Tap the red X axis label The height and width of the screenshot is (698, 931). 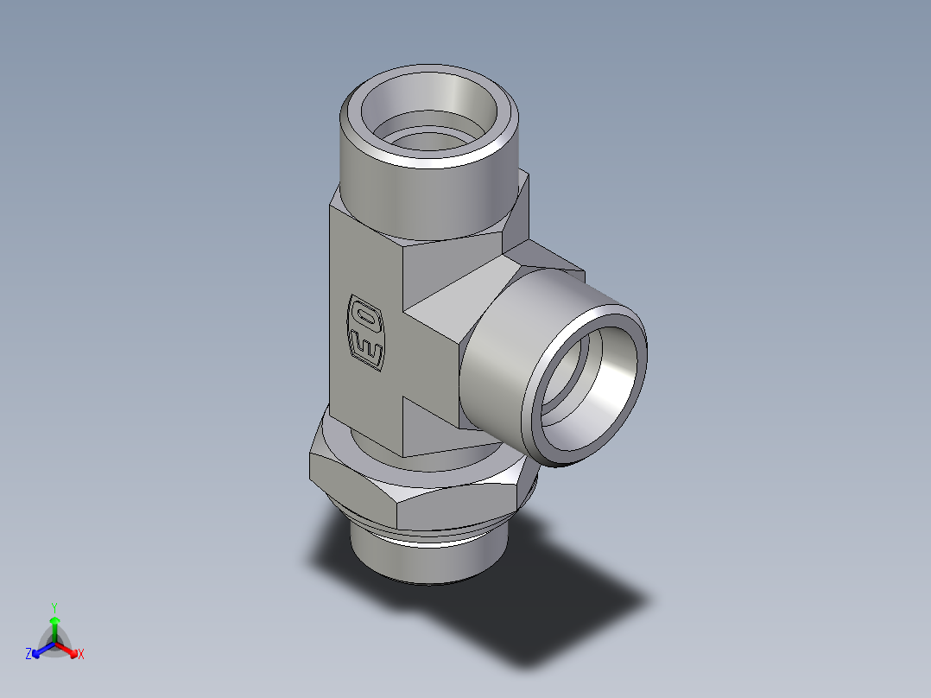[81, 654]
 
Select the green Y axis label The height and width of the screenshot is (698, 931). [54, 607]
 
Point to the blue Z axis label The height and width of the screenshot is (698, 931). [28, 654]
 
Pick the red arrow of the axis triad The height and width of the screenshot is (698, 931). [69, 648]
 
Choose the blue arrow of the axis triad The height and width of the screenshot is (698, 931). [40, 649]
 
